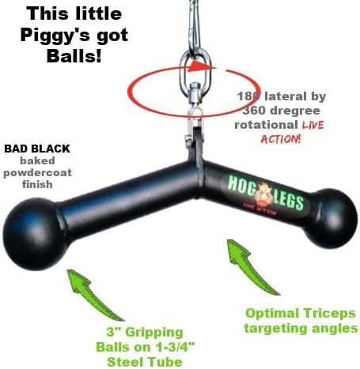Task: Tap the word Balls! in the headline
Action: (74, 55)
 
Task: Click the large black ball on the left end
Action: (34, 234)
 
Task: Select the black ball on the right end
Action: (331, 218)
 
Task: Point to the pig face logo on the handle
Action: (264, 194)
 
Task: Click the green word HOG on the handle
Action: (241, 183)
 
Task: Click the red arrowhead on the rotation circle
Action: (202, 66)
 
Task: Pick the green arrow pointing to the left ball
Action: (93, 294)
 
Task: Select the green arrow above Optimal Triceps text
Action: (251, 266)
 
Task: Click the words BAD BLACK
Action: (37, 149)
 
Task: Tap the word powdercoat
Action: (37, 173)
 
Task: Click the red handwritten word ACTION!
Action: (281, 139)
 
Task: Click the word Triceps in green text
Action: (329, 314)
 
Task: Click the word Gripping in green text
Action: (154, 333)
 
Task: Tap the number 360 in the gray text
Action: (254, 111)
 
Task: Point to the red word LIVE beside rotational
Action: (313, 125)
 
